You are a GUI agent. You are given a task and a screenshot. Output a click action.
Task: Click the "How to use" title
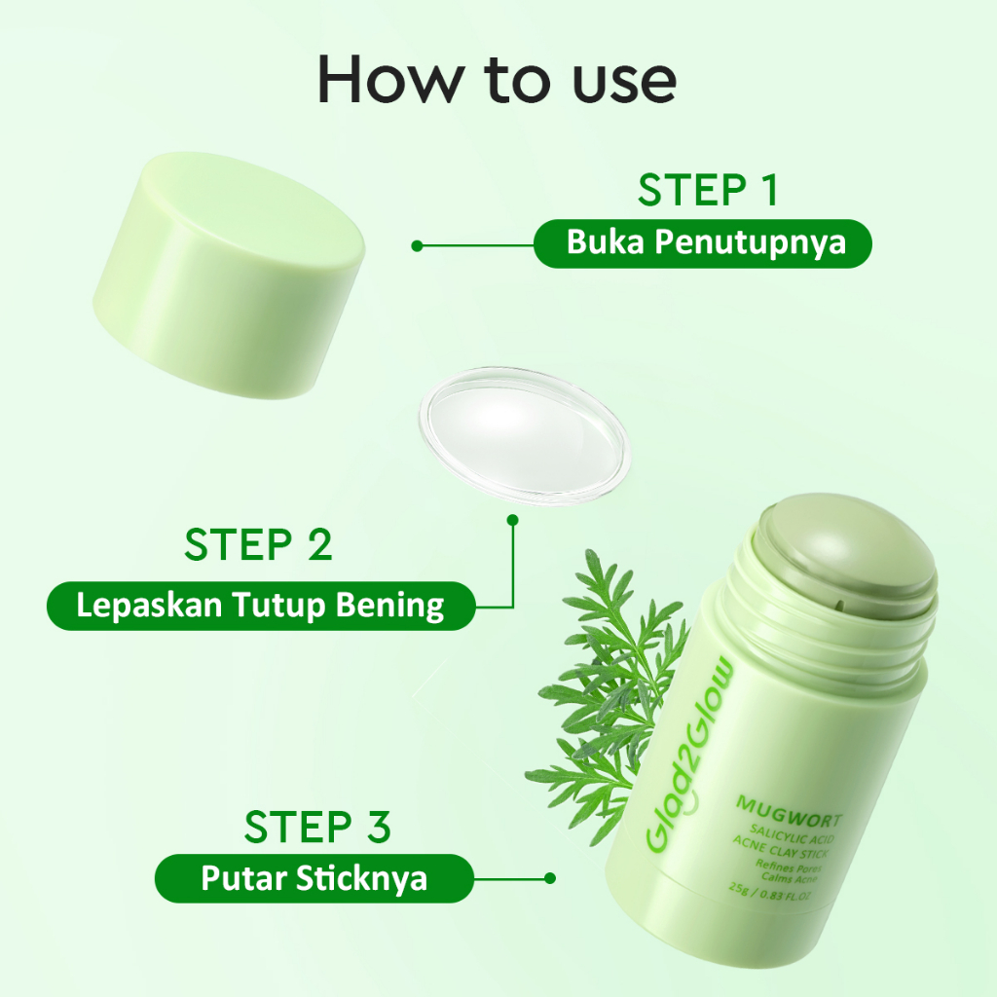[497, 80]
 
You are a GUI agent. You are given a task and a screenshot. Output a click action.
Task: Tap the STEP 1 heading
[708, 191]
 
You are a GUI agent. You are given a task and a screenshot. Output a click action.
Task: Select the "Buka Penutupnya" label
[702, 243]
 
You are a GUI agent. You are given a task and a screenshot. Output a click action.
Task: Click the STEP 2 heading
[258, 545]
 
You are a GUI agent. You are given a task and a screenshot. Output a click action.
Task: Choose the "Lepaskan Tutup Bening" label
[260, 606]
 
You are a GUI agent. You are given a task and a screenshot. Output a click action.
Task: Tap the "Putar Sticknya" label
[314, 878]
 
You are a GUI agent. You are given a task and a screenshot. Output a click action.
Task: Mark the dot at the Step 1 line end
[417, 245]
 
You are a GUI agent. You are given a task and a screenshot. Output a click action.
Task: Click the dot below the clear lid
[513, 521]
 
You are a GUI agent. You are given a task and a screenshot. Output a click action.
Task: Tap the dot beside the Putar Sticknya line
[550, 877]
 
